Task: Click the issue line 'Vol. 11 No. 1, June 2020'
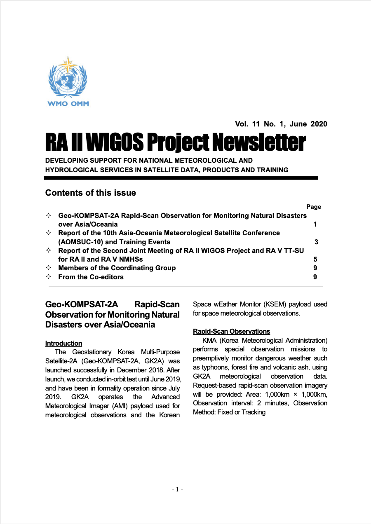coord(281,124)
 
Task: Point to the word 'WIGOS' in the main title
coord(114,143)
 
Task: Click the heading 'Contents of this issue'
coord(90,193)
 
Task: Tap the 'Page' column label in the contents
coord(314,207)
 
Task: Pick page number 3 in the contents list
coord(316,242)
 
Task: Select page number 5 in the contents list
coord(316,260)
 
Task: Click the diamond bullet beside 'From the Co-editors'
coord(49,277)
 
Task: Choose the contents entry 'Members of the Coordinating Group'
coord(117,268)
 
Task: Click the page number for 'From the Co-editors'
coord(316,277)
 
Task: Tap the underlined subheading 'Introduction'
coord(63,343)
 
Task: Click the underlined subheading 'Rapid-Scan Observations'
coord(231,331)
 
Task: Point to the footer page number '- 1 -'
coord(177,489)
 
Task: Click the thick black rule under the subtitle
coord(181,178)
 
